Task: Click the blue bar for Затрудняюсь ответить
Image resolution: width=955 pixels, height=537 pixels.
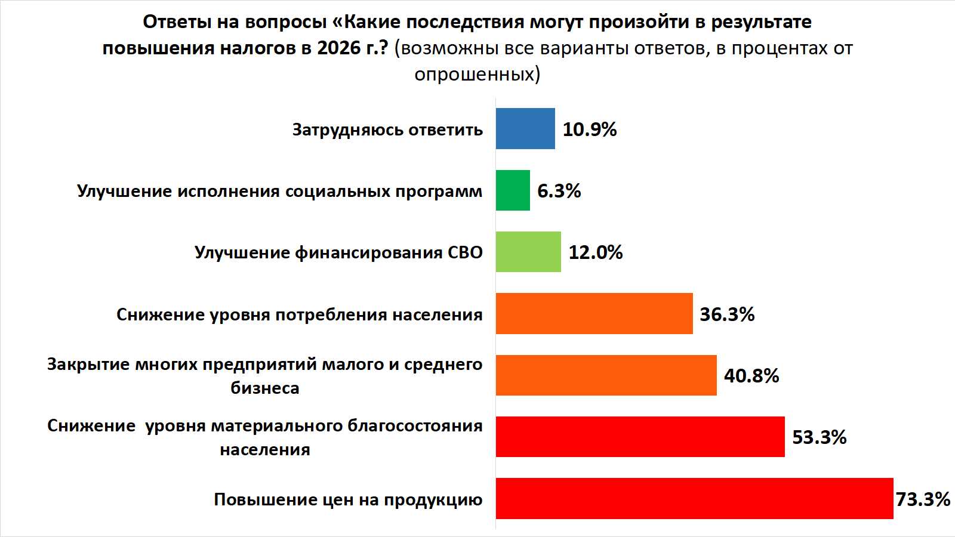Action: click(x=525, y=128)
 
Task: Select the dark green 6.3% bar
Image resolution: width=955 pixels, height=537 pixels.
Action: click(x=513, y=190)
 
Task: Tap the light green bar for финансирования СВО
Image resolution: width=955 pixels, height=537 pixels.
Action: click(x=528, y=252)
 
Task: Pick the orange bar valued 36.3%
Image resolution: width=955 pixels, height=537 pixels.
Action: click(x=594, y=313)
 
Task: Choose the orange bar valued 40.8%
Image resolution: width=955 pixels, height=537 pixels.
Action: click(x=606, y=375)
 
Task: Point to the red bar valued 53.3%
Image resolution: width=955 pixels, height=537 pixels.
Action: click(x=640, y=437)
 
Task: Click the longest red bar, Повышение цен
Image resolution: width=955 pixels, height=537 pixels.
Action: click(x=694, y=498)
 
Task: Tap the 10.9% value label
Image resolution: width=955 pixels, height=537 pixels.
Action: click(x=590, y=129)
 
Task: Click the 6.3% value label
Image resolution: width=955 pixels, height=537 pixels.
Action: click(x=559, y=191)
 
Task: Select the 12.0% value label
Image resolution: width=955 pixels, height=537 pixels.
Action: click(x=596, y=252)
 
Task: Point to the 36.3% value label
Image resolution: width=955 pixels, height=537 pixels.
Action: click(x=727, y=314)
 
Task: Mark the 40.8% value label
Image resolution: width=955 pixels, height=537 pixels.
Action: click(x=751, y=376)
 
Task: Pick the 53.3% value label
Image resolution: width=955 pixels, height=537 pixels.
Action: click(x=819, y=437)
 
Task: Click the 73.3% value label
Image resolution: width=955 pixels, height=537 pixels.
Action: click(x=923, y=499)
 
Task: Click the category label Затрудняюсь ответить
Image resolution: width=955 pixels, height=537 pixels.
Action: click(x=387, y=130)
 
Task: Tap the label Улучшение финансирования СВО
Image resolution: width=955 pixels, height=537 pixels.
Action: click(x=338, y=253)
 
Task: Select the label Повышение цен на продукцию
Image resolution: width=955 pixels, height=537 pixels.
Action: click(x=348, y=499)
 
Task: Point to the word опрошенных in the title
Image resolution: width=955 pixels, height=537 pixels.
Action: click(x=474, y=74)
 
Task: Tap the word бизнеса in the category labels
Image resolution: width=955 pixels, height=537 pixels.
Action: click(x=265, y=388)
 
